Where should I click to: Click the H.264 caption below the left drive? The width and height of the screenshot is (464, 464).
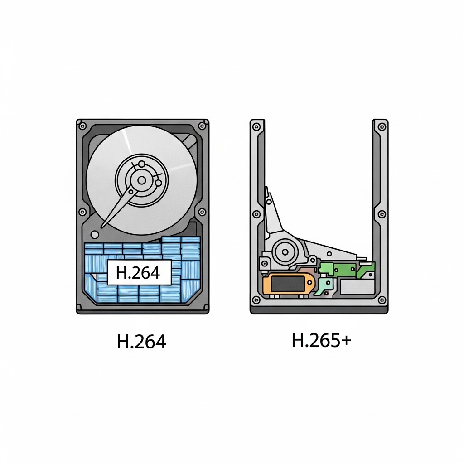pos(141,342)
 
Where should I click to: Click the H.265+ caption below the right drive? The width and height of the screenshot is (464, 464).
pos(321,340)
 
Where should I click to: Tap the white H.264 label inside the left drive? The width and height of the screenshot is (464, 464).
pos(139,272)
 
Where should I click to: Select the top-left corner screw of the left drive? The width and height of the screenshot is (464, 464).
pos(82,126)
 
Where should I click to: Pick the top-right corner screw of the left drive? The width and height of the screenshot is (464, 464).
pos(203,126)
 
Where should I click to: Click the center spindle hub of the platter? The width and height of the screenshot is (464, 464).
pos(142,180)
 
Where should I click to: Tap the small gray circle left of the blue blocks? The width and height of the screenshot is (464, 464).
pos(95,235)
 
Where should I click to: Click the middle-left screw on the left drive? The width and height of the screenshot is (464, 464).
pos(82,212)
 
